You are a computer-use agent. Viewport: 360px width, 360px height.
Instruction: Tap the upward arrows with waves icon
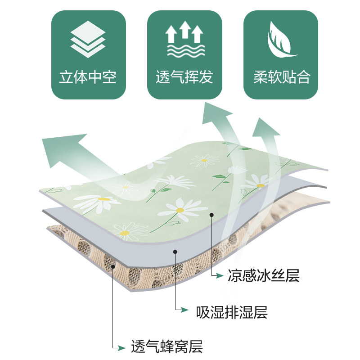[x=184, y=40]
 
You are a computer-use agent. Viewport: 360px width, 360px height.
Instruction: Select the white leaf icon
[x=281, y=40]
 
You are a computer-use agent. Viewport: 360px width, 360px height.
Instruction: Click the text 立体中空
[x=88, y=77]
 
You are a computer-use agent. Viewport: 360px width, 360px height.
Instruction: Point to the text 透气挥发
[x=184, y=77]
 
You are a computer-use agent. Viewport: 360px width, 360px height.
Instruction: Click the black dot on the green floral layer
[x=211, y=215]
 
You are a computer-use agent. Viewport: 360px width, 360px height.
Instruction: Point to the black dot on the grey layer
[x=175, y=252]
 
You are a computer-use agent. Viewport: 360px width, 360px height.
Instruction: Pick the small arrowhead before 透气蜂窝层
[x=121, y=347]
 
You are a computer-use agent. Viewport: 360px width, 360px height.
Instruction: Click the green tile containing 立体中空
[x=88, y=54]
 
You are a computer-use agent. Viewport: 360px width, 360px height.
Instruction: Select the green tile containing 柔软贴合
[x=281, y=54]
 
